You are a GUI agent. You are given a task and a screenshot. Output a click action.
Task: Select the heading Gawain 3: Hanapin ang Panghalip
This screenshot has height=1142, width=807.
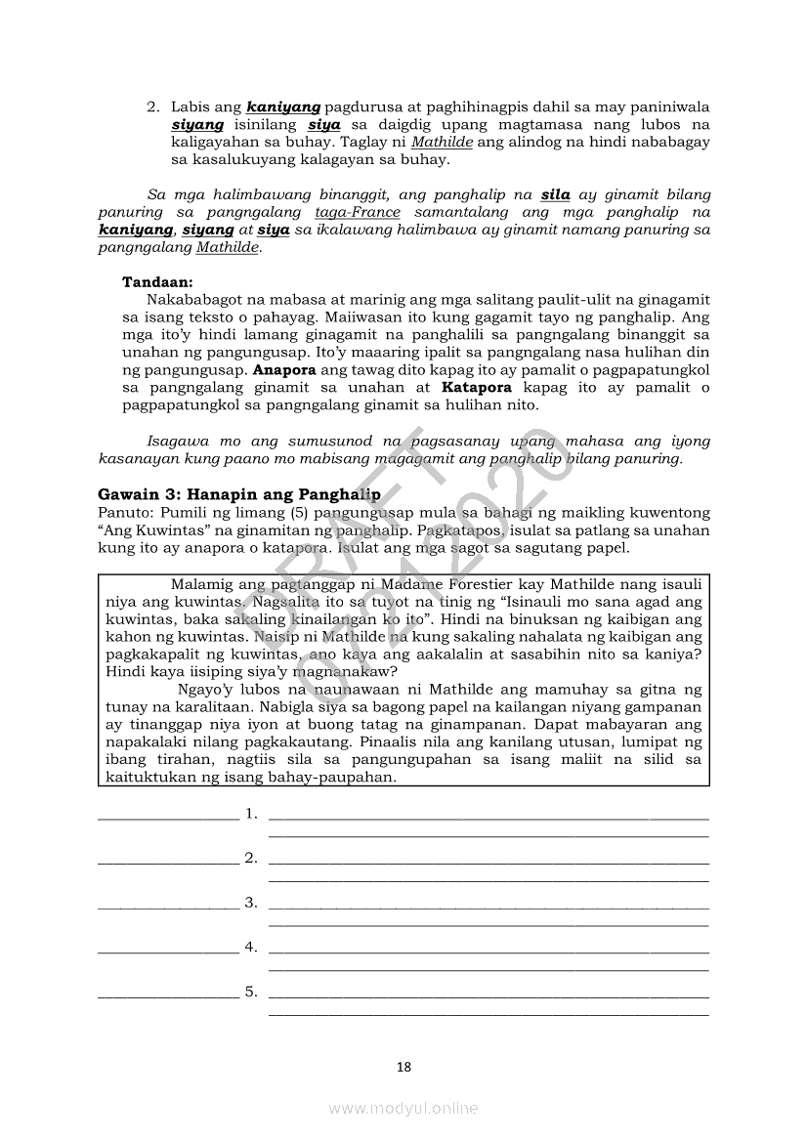pos(239,494)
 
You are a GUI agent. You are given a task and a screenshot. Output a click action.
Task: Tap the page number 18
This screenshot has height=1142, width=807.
pos(403,1067)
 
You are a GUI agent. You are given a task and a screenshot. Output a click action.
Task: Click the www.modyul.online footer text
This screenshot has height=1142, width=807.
pos(403,1108)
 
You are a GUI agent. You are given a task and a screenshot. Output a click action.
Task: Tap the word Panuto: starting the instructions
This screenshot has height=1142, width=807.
pos(126,513)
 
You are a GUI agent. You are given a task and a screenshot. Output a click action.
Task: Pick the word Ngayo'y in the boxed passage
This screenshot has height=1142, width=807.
pos(205,690)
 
